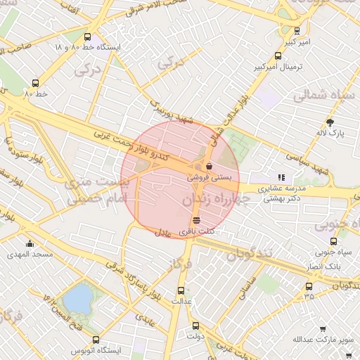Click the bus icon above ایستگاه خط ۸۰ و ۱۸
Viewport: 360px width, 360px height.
pyautogui.click(x=87, y=37)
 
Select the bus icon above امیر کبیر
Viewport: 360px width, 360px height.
pyautogui.click(x=297, y=31)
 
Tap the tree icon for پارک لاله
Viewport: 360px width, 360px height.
pyautogui.click(x=330, y=122)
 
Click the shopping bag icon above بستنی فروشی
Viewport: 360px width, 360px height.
pyautogui.click(x=209, y=167)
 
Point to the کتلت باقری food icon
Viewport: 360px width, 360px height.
pyautogui.click(x=195, y=220)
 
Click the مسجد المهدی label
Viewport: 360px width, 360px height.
pyautogui.click(x=25, y=254)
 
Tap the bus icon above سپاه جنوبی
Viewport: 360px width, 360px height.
pyautogui.click(x=329, y=240)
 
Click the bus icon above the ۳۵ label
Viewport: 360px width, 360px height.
pyautogui.click(x=309, y=286)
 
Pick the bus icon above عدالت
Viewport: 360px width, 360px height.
pyautogui.click(x=181, y=289)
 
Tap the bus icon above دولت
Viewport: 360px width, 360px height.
pyautogui.click(x=195, y=326)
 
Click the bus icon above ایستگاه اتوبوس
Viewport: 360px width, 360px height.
pyautogui.click(x=96, y=340)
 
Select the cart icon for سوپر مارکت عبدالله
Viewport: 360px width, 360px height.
pyautogui.click(x=323, y=329)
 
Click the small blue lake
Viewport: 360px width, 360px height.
pyautogui.click(x=77, y=300)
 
